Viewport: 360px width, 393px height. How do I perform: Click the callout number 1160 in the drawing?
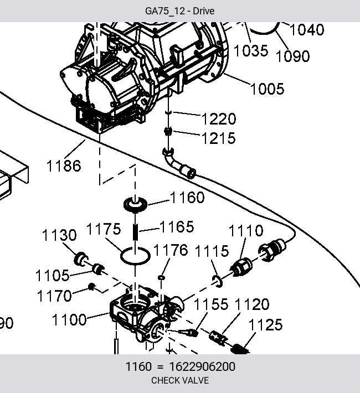coord(187,198)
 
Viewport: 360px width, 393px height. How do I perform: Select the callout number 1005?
coord(268,89)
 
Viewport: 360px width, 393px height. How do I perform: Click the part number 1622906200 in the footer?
coord(202,366)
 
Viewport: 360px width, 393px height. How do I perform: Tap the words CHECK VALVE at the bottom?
coord(180,380)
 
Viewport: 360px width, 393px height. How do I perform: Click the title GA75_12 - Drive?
coord(180,11)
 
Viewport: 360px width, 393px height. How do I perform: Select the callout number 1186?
coord(64,166)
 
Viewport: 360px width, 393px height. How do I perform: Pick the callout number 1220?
coord(219,119)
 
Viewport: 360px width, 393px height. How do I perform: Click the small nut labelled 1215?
coord(168,131)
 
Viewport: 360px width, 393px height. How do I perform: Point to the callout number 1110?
coord(246,231)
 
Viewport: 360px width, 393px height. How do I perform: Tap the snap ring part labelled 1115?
coord(217,281)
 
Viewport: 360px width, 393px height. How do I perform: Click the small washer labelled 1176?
coord(161,277)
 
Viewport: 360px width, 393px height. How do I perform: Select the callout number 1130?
coord(59,235)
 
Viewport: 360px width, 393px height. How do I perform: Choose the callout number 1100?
coord(69,320)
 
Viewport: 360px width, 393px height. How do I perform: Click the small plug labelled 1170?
coord(91,287)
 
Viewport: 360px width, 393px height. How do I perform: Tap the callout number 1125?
coord(266,325)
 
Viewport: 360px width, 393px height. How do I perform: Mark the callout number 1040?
coord(307,29)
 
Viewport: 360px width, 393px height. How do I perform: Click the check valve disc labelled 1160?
coord(136,204)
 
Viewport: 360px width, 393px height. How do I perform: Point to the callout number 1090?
coord(293,56)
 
